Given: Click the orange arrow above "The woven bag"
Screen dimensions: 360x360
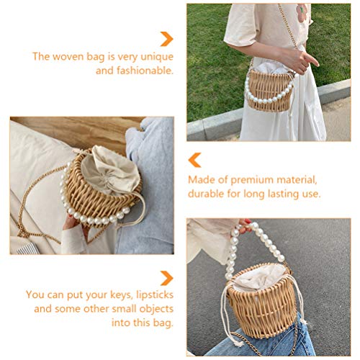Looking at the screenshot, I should click(x=166, y=39).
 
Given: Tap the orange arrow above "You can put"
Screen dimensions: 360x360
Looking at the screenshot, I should click(x=166, y=277).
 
